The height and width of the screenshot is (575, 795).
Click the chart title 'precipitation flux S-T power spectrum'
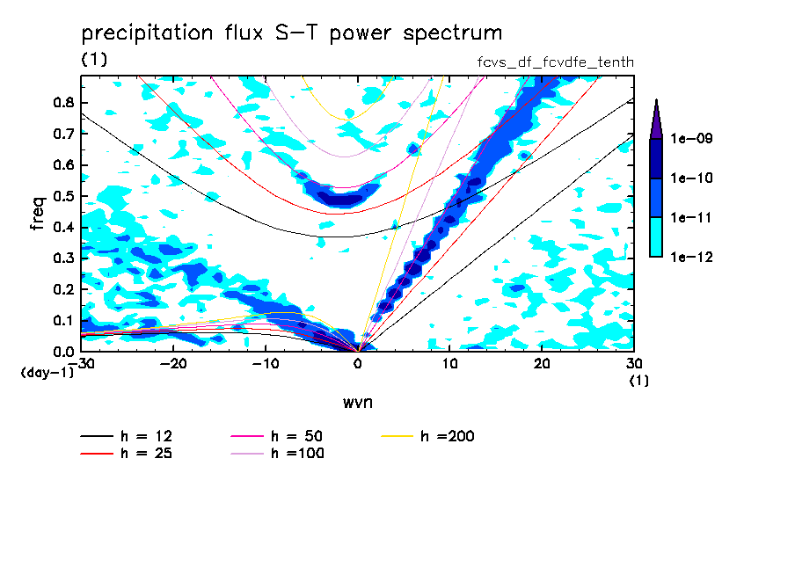(x=291, y=34)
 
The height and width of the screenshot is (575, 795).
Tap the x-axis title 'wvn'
(x=357, y=402)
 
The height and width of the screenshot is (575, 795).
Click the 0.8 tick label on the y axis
(x=62, y=103)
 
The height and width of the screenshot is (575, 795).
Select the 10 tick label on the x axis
(x=449, y=364)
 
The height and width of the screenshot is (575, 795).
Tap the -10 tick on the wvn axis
(x=266, y=351)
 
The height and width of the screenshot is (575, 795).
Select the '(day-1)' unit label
(x=47, y=373)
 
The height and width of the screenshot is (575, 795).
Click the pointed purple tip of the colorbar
(x=656, y=106)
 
